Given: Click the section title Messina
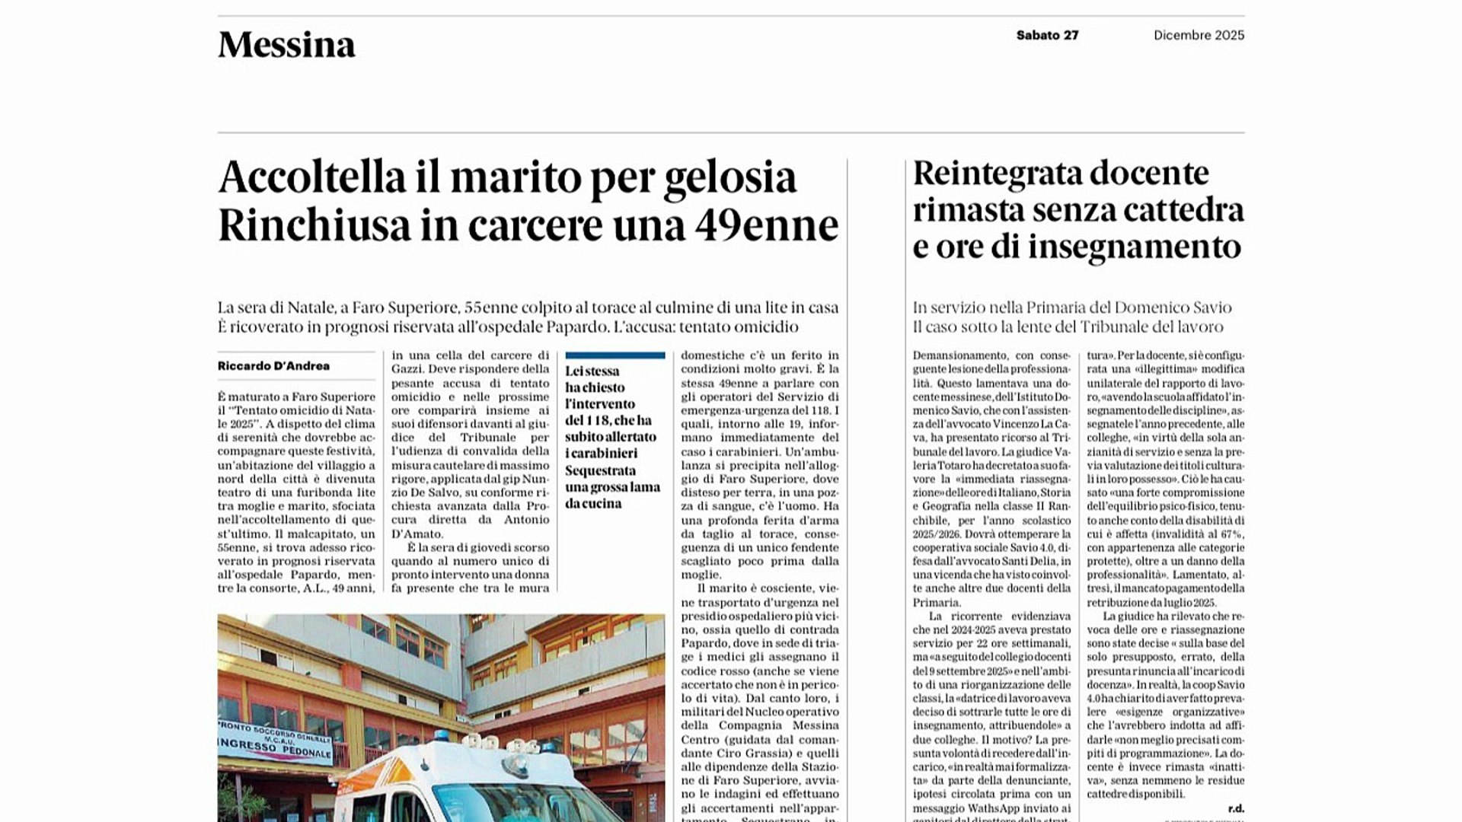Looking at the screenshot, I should [286, 45].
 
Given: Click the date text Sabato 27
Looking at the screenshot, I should [1047, 35].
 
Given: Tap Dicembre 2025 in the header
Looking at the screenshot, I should [1199, 35].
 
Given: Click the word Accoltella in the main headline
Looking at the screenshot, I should [312, 177].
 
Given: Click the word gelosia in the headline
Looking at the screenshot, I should [730, 177].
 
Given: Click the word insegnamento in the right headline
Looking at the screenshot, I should [1135, 247].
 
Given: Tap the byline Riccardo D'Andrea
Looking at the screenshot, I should [273, 366].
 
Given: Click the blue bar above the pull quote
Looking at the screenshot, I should [614, 355].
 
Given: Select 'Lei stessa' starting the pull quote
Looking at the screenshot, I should [592, 371].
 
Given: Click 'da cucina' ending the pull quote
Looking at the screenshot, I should [593, 504].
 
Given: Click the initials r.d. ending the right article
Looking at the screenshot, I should [1235, 808].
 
